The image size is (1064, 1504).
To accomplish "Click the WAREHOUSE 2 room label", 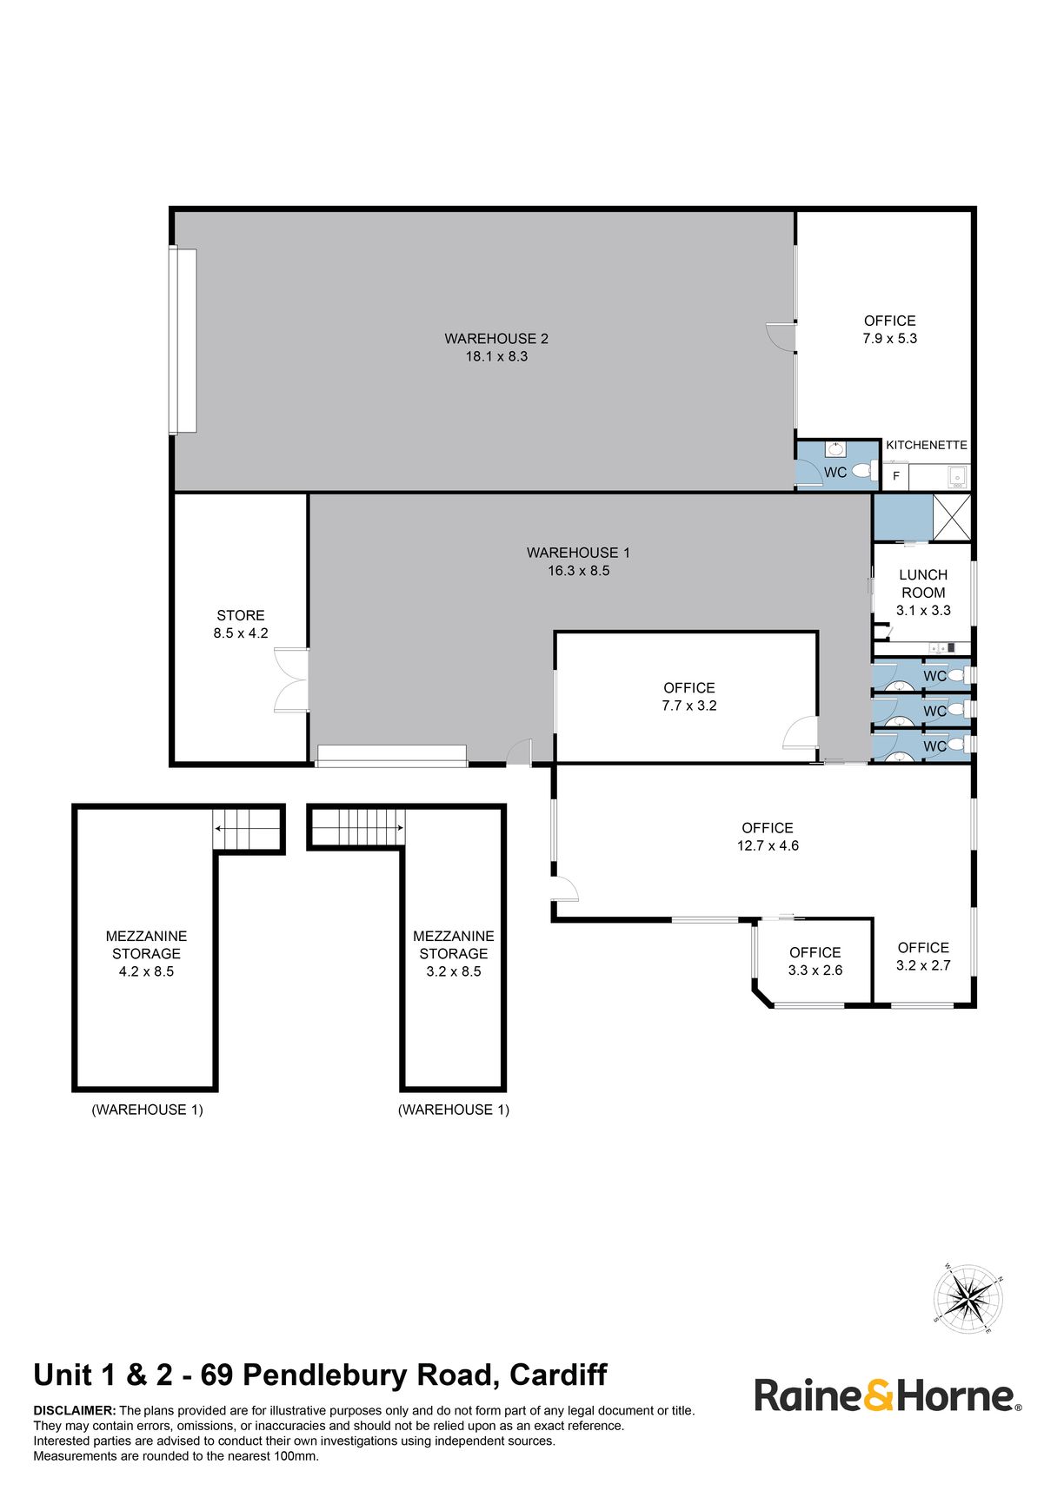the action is click(x=496, y=339).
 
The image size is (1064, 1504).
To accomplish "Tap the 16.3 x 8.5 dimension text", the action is click(x=579, y=571).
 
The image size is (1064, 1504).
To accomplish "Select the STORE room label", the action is click(x=241, y=615).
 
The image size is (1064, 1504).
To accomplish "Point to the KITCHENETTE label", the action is click(x=927, y=445).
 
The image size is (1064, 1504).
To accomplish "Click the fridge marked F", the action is click(x=896, y=476).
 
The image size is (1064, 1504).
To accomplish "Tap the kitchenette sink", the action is click(x=957, y=475).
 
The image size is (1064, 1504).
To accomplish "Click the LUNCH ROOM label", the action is click(x=923, y=584).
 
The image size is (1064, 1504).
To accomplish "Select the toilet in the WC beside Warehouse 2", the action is click(x=863, y=471).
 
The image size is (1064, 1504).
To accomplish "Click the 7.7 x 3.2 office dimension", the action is click(x=689, y=706).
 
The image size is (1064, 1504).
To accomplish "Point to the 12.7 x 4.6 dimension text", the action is click(x=768, y=845).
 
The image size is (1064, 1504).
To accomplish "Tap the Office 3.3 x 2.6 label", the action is click(x=815, y=961).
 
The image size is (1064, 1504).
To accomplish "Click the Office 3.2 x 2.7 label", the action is click(x=923, y=957).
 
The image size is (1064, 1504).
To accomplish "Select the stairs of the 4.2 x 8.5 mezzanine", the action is click(x=248, y=829).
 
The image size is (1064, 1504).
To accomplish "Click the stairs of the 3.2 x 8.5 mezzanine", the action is click(x=357, y=826).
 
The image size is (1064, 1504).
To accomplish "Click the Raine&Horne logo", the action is click(x=888, y=1396).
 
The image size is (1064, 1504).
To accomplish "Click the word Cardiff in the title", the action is click(x=558, y=1375).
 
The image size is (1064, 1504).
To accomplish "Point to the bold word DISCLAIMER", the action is click(x=75, y=1411).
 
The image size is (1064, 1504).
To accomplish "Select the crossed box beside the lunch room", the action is click(x=952, y=518).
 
